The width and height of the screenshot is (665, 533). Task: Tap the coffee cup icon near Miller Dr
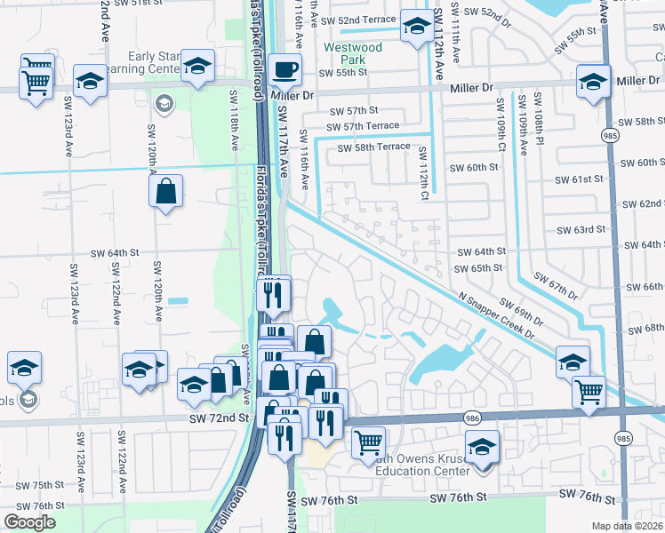coord(284,68)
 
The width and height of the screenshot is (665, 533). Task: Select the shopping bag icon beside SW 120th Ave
coord(166,191)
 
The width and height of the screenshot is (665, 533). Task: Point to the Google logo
coord(30,522)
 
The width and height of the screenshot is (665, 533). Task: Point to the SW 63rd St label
coord(581,230)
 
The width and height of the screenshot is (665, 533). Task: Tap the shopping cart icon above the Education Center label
coord(367,441)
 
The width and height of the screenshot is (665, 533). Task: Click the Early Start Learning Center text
coord(155,63)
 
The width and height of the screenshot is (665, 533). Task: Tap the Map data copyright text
coord(628,526)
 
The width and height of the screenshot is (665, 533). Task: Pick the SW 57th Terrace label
coord(365,126)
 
